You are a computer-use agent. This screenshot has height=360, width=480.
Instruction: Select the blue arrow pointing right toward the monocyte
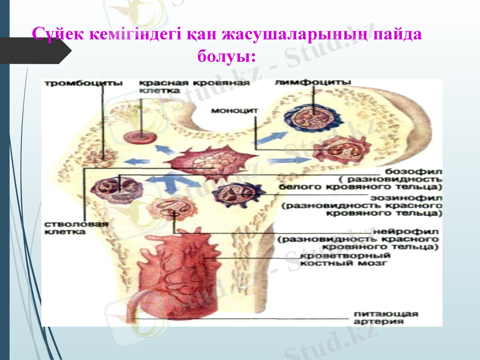point(283,161)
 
